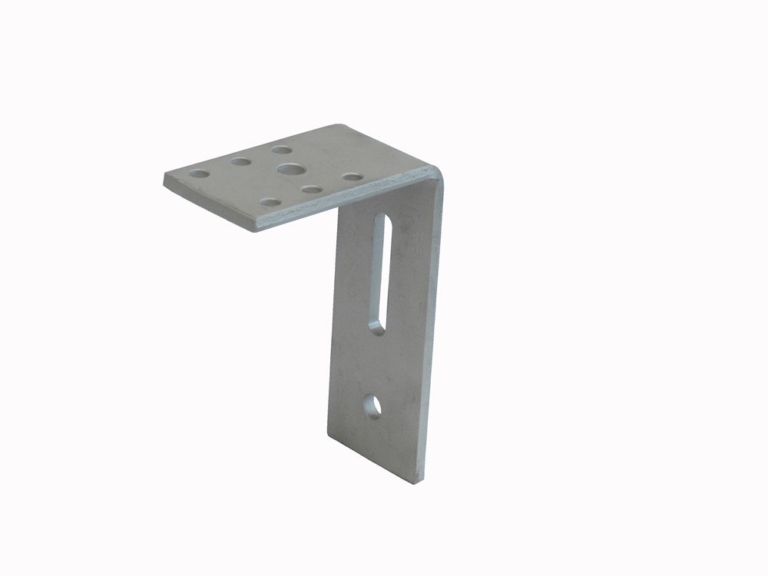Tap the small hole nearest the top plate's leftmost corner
(x=200, y=174)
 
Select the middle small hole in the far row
(x=240, y=162)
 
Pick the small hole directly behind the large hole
(x=281, y=150)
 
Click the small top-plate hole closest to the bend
(x=353, y=177)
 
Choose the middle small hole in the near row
(x=311, y=189)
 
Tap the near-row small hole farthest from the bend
(x=270, y=202)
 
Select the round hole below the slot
(x=372, y=405)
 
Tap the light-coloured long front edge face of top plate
(x=346, y=201)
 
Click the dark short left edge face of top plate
(x=207, y=206)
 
